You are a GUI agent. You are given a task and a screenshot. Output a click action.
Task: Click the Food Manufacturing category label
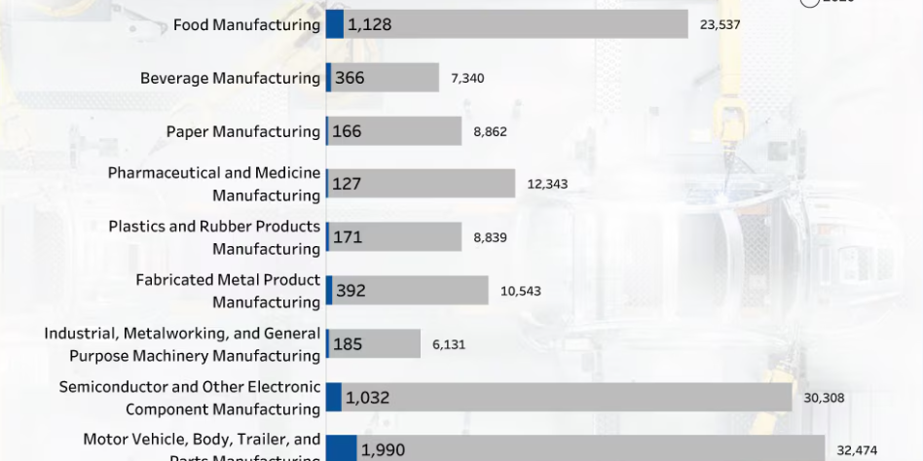coord(246,24)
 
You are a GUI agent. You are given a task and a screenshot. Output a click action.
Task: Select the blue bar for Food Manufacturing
coord(335,24)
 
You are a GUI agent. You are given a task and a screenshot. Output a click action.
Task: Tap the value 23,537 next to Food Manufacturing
coord(720,24)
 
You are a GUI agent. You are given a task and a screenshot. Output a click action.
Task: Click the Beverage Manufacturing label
coord(230,78)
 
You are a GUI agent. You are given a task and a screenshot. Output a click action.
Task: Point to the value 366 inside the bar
coord(350,78)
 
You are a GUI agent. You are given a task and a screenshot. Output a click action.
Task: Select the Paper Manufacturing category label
coord(242,131)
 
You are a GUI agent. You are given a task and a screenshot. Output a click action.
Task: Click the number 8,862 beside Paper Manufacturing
coord(490,131)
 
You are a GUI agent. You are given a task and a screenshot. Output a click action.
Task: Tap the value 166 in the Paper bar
coord(347,131)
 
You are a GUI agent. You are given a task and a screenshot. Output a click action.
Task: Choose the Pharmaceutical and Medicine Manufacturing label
coord(214,184)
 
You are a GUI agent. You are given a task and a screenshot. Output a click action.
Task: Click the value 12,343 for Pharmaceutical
coord(547,184)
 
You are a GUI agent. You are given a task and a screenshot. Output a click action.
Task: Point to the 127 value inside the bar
coord(347,184)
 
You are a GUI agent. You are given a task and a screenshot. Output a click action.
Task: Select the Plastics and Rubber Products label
coord(214,237)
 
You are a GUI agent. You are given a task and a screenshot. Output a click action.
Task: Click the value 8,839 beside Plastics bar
coord(490,237)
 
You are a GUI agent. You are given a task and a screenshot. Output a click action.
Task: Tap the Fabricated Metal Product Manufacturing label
coord(228,291)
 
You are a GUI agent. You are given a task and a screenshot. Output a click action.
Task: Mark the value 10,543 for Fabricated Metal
coord(521,291)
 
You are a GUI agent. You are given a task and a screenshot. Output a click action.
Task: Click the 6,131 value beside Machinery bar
coord(449,344)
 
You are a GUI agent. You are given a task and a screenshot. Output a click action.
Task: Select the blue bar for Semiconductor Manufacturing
coord(334,397)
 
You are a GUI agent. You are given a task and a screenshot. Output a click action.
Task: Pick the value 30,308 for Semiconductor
coord(824,397)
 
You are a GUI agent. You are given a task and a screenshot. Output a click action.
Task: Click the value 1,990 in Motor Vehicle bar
coord(383,450)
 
